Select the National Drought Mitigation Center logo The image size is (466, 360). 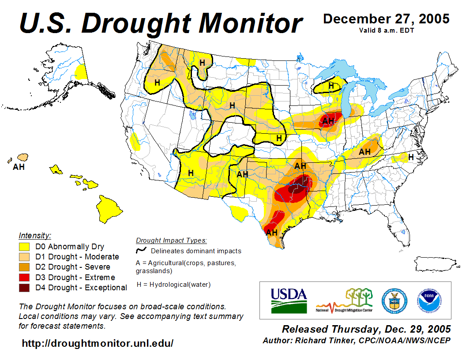tap(345, 300)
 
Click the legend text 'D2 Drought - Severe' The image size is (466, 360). tap(73, 267)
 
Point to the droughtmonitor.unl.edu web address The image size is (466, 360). tap(98, 343)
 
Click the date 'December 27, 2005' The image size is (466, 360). tap(386, 19)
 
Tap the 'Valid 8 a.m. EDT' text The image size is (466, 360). tap(386, 30)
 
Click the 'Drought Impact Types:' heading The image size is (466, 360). tap(171, 240)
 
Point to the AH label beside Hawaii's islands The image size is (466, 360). tap(19, 167)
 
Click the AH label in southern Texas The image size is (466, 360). tap(271, 232)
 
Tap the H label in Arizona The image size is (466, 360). tap(191, 173)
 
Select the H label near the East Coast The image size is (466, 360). tap(410, 157)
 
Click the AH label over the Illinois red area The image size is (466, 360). tap(328, 121)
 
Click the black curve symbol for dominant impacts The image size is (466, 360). tap(141, 251)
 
